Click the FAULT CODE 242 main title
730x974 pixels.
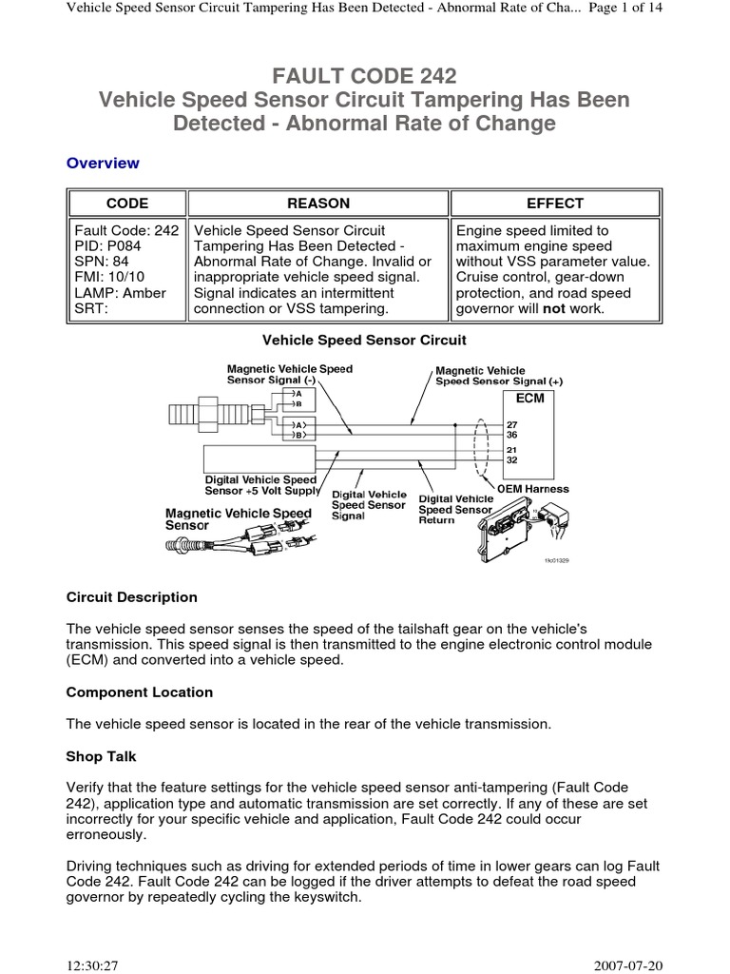click(364, 76)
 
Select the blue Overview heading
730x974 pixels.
click(103, 163)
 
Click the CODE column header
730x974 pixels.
click(126, 204)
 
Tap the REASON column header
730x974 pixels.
click(317, 204)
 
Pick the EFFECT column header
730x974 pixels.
click(555, 204)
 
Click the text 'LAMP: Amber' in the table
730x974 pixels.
click(120, 293)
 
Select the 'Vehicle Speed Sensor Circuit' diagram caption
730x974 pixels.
click(364, 340)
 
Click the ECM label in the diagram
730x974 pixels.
click(529, 398)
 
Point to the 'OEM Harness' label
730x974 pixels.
click(535, 489)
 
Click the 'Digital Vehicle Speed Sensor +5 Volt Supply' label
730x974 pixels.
click(262, 485)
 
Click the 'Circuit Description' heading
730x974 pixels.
click(132, 597)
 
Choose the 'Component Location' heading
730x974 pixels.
click(140, 692)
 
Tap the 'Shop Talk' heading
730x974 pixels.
click(102, 756)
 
